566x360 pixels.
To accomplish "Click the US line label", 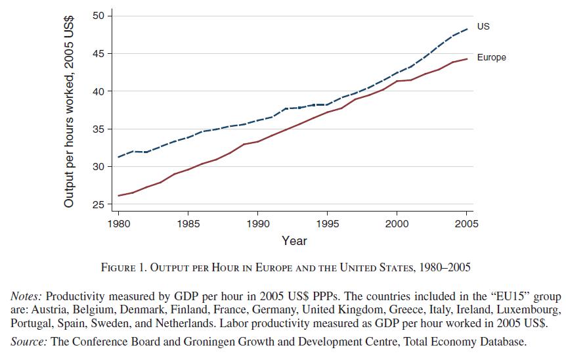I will [x=483, y=26].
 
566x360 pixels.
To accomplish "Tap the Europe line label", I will [x=491, y=58].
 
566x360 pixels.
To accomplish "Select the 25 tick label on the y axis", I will [x=95, y=205].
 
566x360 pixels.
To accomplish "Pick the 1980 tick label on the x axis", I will [x=118, y=223].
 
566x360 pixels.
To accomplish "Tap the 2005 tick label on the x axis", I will [x=466, y=223].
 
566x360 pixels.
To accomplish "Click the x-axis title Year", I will [x=294, y=241].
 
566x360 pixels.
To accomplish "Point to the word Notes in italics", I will [x=26, y=296].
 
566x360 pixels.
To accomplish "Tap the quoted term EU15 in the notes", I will [x=504, y=296].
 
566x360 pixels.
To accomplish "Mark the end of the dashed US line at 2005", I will [x=467, y=29].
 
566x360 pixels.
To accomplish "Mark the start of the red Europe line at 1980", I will [x=118, y=196].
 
